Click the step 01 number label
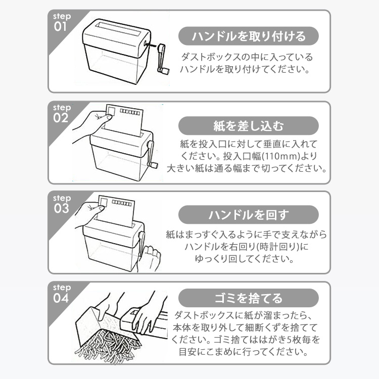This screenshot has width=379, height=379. click(x=61, y=26)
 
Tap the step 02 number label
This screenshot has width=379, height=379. click(x=61, y=118)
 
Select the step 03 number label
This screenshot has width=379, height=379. click(x=61, y=208)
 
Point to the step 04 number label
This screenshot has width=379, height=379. click(x=61, y=298)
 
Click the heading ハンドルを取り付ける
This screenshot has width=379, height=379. click(x=249, y=36)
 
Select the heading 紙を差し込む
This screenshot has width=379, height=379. click(x=249, y=126)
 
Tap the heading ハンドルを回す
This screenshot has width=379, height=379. click(x=249, y=215)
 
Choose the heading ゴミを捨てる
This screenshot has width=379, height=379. click(x=249, y=298)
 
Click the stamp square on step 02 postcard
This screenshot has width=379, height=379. click(x=112, y=112)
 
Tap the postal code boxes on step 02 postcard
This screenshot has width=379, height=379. click(x=130, y=112)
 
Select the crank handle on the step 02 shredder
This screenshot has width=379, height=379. click(x=152, y=154)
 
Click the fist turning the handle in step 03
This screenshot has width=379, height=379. click(x=151, y=256)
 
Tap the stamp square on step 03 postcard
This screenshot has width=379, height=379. click(x=104, y=202)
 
